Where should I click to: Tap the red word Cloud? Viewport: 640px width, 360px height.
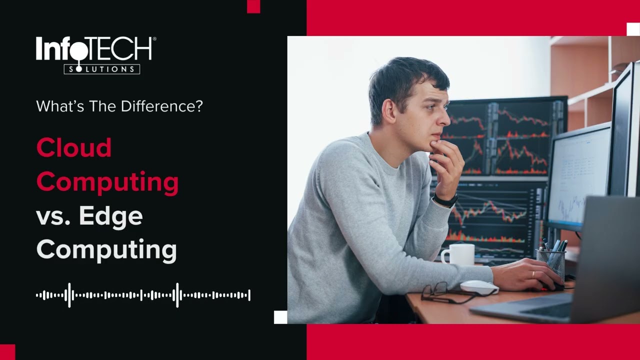click(x=74, y=148)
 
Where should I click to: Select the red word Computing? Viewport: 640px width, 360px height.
click(x=107, y=182)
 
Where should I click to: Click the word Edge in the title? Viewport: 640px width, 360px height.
click(x=110, y=216)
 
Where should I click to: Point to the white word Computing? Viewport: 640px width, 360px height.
click(x=106, y=249)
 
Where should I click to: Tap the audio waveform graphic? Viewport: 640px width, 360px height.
click(x=143, y=295)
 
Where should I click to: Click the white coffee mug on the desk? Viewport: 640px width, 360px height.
click(x=458, y=254)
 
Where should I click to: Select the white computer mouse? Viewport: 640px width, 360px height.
click(x=479, y=287)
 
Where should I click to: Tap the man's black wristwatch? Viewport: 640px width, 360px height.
click(x=445, y=200)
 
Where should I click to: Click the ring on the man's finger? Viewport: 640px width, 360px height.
click(x=533, y=274)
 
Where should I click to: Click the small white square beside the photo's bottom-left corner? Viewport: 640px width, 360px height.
click(x=280, y=317)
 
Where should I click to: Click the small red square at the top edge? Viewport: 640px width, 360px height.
click(x=253, y=6)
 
